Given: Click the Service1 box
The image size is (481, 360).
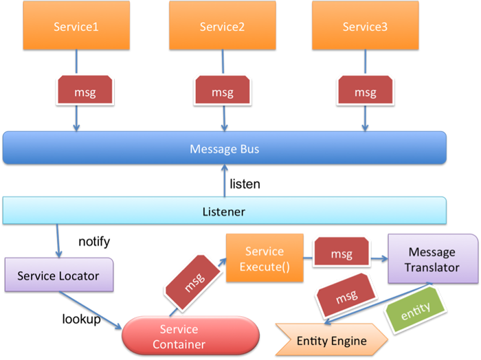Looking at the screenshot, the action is (x=76, y=25).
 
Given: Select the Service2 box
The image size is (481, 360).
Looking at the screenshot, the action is (x=223, y=25).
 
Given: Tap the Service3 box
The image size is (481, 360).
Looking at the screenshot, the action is (x=366, y=25).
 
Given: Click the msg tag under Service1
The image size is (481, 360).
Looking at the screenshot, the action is (x=85, y=90).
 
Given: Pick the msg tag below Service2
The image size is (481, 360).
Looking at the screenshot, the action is (x=223, y=90).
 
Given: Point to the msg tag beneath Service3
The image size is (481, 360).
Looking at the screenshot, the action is (x=366, y=90).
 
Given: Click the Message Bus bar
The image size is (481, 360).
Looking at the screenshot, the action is (x=225, y=148).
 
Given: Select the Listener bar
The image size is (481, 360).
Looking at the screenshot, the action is (x=225, y=211).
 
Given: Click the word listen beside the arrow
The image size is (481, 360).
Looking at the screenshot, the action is (x=245, y=184).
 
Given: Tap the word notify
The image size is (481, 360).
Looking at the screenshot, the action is (x=94, y=242).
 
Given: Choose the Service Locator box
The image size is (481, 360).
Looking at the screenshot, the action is (x=59, y=275).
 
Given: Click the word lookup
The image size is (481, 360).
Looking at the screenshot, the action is (x=81, y=319).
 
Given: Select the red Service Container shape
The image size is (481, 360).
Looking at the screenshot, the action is (x=191, y=337).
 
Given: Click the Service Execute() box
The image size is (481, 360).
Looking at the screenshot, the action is (x=265, y=258).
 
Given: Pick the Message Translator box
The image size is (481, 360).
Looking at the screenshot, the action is (x=433, y=258).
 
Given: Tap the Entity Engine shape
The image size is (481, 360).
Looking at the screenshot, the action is (x=331, y=339).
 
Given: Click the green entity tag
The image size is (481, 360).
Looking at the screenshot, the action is (x=415, y=310).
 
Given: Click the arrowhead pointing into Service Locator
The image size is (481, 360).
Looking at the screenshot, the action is (x=58, y=254).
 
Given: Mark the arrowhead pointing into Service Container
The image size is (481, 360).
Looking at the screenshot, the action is (x=118, y=326).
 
